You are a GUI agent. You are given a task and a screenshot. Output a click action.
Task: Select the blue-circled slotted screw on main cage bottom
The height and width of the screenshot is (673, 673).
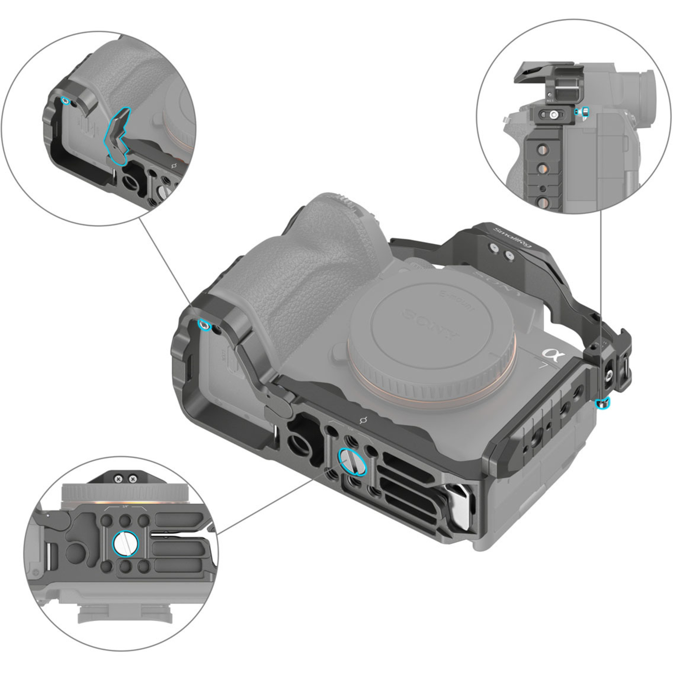[x=353, y=461]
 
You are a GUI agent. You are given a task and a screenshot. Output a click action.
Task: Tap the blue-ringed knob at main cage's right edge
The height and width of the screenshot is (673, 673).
[x=603, y=404]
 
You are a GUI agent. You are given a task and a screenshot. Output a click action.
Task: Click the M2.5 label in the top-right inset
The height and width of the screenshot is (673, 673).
[x=550, y=101]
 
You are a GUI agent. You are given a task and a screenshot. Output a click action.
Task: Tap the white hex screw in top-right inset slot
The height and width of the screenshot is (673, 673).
[x=554, y=114]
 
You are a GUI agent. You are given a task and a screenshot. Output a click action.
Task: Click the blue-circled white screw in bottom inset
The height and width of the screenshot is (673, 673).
[x=126, y=544]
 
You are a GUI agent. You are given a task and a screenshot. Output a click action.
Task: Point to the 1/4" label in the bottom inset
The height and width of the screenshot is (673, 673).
[x=125, y=507]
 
